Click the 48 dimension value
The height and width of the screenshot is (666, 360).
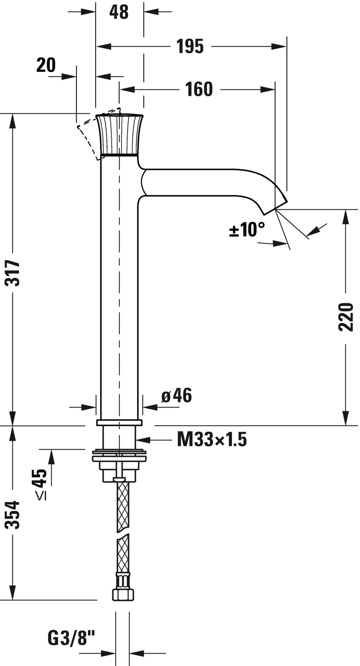click(119, 12)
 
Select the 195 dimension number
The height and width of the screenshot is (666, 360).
click(190, 46)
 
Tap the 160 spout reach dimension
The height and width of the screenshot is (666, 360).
click(199, 89)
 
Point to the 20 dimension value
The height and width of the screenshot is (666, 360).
click(46, 65)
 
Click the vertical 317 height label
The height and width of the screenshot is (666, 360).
click(13, 273)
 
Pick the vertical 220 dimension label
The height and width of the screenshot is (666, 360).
click(346, 317)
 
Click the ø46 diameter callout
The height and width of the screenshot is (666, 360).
click(177, 396)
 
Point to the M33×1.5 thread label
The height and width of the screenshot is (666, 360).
click(212, 439)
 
